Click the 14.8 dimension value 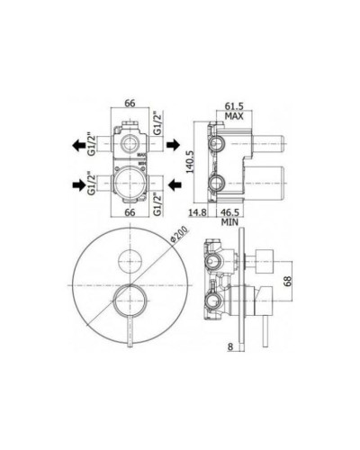pyautogui.click(x=199, y=212)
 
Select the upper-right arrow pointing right pyautogui.click(x=178, y=141)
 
